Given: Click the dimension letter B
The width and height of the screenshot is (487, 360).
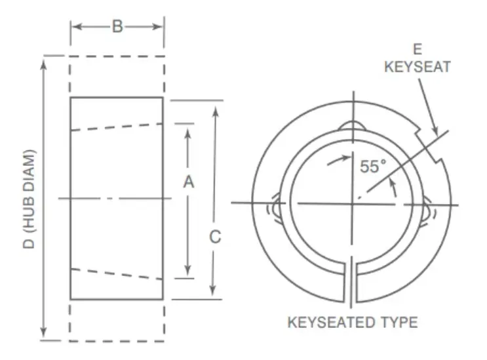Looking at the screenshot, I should tap(117, 27).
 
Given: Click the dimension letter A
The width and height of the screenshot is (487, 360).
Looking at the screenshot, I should tap(188, 184).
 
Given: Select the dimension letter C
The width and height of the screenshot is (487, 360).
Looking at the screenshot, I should tap(215, 237).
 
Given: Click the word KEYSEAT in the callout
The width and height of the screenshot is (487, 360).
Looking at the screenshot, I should tap(417, 66).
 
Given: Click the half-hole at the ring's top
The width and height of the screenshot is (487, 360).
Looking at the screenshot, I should tap(352, 127).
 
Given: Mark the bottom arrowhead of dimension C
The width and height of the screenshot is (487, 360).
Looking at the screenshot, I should tap(215, 294).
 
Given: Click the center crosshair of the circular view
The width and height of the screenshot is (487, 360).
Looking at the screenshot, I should tap(352, 203).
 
